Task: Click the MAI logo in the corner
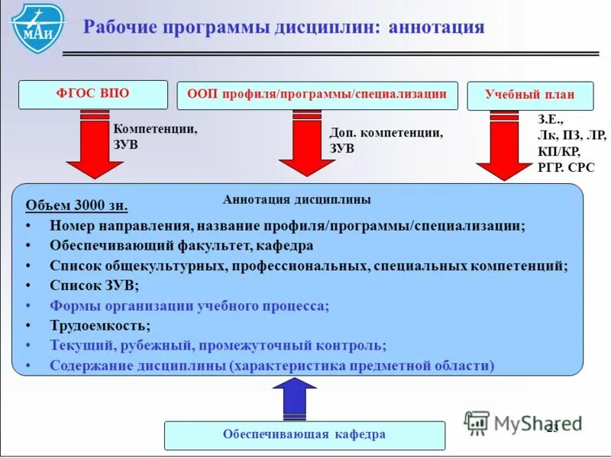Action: tap(37, 28)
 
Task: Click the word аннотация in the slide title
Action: tap(436, 28)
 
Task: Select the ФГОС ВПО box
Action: tap(92, 95)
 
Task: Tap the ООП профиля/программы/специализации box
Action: tap(317, 95)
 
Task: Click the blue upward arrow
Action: tap(294, 398)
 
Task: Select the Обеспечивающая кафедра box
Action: tap(304, 435)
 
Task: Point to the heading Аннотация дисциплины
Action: tap(297, 200)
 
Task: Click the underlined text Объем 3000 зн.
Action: tap(76, 206)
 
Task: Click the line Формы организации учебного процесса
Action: tap(189, 305)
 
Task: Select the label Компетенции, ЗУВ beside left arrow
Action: tap(155, 137)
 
